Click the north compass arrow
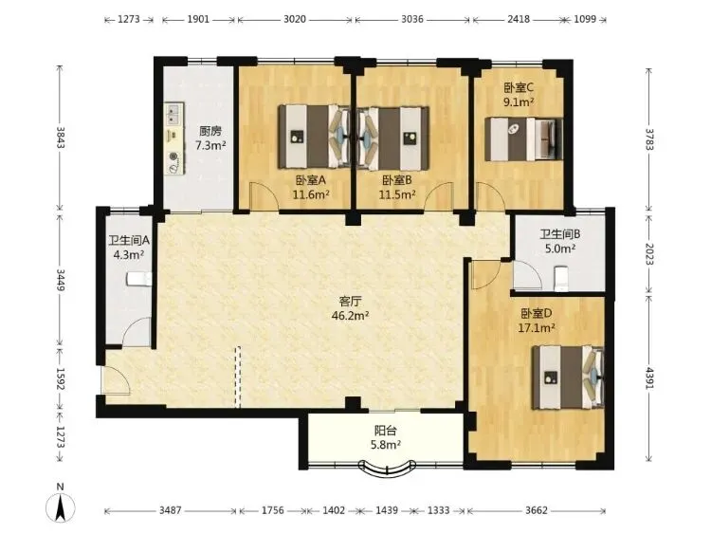pyautogui.click(x=61, y=507)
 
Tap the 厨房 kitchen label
pyautogui.click(x=210, y=132)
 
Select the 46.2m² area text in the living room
pyautogui.click(x=350, y=316)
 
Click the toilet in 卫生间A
pyautogui.click(x=139, y=279)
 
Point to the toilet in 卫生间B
pyautogui.click(x=561, y=278)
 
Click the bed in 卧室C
pyautogui.click(x=523, y=139)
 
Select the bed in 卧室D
pyautogui.click(x=568, y=377)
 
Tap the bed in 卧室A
pyautogui.click(x=314, y=137)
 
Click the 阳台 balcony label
pyautogui.click(x=386, y=430)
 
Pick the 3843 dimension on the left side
pyautogui.click(x=61, y=138)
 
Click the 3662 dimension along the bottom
pyautogui.click(x=537, y=511)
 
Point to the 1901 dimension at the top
pyautogui.click(x=198, y=19)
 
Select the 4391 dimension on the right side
pyautogui.click(x=648, y=377)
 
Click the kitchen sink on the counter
pyautogui.click(x=173, y=114)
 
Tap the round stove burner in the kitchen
pyautogui.click(x=173, y=157)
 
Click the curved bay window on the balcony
pyautogui.click(x=387, y=470)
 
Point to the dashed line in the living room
pyautogui.click(x=237, y=377)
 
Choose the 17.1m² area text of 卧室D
pyautogui.click(x=537, y=327)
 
